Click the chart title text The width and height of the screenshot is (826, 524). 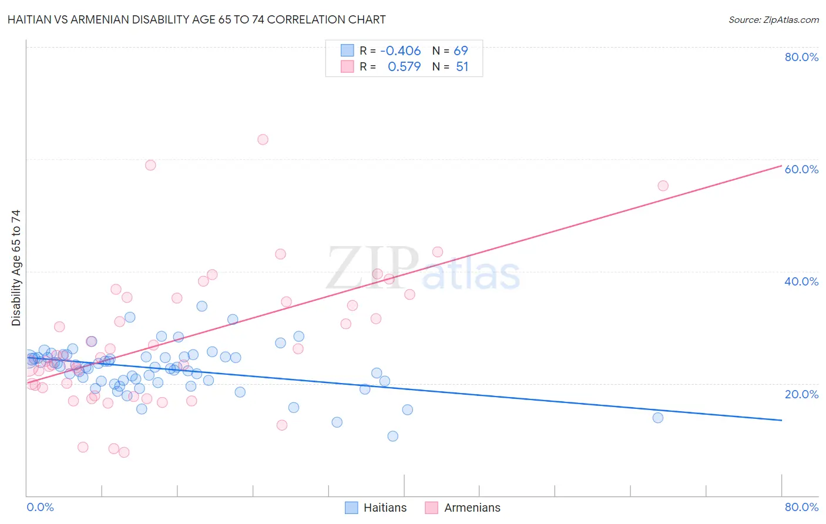pos(196,19)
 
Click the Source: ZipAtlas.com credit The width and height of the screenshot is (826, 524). pos(773,19)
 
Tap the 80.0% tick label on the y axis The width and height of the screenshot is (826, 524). pos(801,57)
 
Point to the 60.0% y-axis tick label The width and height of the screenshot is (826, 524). pos(801,169)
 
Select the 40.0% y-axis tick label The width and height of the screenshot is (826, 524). pos(801,281)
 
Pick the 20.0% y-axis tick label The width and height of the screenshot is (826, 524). pos(801,394)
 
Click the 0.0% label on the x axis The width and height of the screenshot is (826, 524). pos(40,507)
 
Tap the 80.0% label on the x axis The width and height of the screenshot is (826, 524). pos(801,507)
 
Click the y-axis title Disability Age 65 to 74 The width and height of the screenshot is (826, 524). pos(16,267)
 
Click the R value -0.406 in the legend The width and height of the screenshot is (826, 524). pos(401,51)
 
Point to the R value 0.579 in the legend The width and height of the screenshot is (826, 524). pos(404,66)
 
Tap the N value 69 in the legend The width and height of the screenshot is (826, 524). pos(461,51)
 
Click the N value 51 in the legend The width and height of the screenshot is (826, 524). pos(462,66)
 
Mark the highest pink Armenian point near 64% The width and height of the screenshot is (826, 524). pos(263,140)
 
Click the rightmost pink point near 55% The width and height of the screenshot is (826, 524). pos(663,186)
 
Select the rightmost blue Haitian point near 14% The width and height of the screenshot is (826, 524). pos(658,418)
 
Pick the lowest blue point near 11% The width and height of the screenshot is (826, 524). pos(392,436)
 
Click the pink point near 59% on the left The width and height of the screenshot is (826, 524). pos(150,165)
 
